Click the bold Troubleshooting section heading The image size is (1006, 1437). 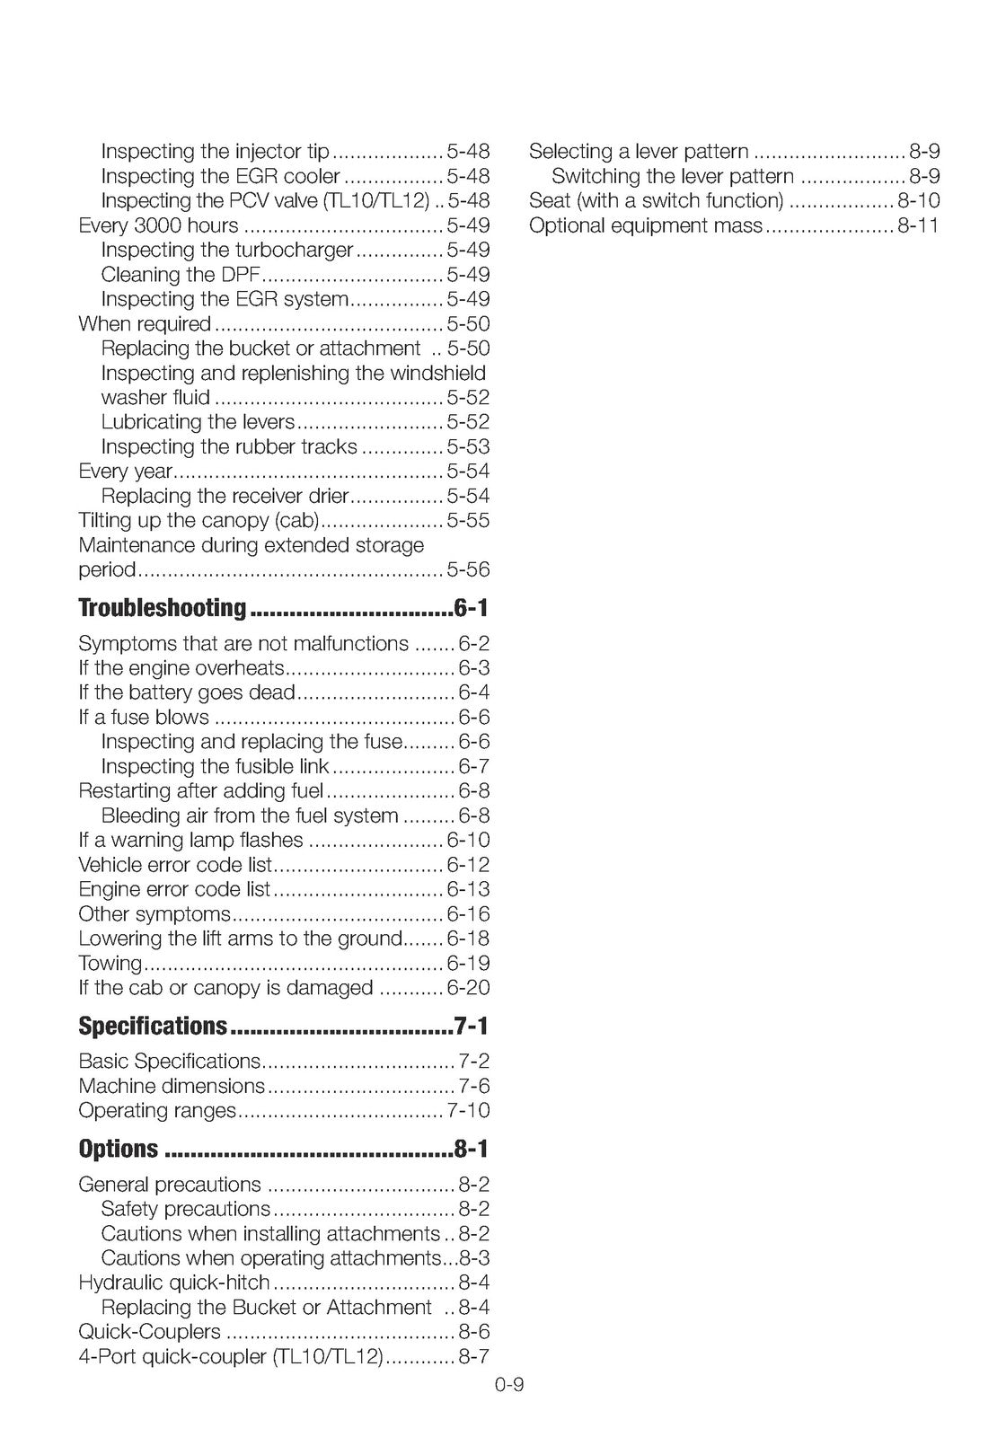pyautogui.click(x=162, y=608)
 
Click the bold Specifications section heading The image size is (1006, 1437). pyautogui.click(x=153, y=1026)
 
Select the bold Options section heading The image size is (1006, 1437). pyautogui.click(x=119, y=1149)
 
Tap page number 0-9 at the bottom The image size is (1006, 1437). pyautogui.click(x=508, y=1384)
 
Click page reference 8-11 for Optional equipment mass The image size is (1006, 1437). pyautogui.click(x=918, y=225)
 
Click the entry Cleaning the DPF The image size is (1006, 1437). pyautogui.click(x=180, y=275)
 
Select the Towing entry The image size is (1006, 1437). pyautogui.click(x=110, y=963)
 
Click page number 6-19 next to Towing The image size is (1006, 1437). pyautogui.click(x=468, y=963)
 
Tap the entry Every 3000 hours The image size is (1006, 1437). pyautogui.click(x=159, y=225)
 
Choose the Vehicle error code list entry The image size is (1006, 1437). pyautogui.click(x=175, y=865)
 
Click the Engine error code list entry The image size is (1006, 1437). pyautogui.click(x=174, y=889)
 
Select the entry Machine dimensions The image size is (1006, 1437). pyautogui.click(x=172, y=1086)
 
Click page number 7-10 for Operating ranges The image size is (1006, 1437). pyautogui.click(x=468, y=1110)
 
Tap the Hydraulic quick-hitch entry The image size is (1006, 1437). pyautogui.click(x=174, y=1283)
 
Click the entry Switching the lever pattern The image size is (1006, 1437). pyautogui.click(x=673, y=176)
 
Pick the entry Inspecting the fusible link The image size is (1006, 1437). pyautogui.click(x=216, y=766)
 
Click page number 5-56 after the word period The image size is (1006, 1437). pyautogui.click(x=468, y=569)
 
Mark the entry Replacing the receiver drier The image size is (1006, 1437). pyautogui.click(x=225, y=496)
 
